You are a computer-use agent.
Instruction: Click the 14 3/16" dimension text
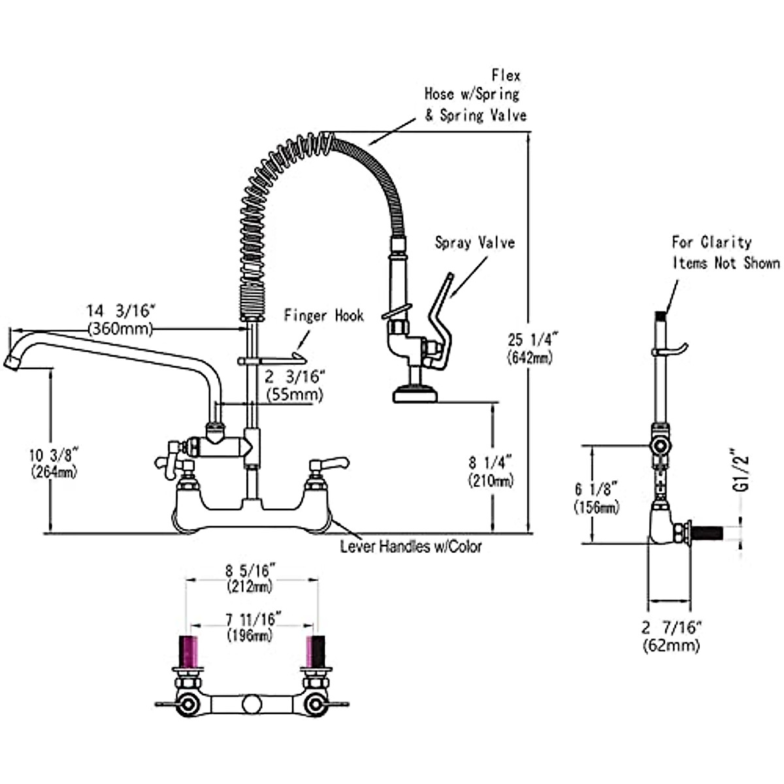[x=122, y=311]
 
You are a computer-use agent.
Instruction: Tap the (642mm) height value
[x=530, y=358]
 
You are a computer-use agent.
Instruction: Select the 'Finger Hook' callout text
[x=324, y=316]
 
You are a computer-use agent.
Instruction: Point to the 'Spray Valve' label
[x=475, y=242]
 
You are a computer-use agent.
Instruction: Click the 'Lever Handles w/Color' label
[x=411, y=546]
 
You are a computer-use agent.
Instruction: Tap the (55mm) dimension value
[x=294, y=395]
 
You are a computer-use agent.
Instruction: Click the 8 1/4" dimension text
[x=490, y=463]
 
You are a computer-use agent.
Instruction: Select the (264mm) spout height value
[x=54, y=472]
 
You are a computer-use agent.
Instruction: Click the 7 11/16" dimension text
[x=254, y=619]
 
